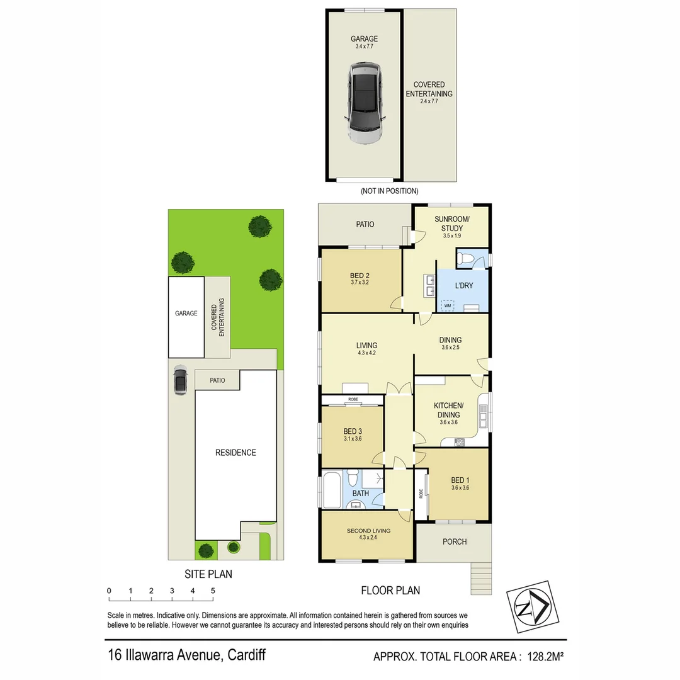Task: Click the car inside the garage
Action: tap(365, 104)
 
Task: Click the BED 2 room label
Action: tap(360, 279)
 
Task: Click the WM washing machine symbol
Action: tap(448, 305)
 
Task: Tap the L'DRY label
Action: tap(464, 286)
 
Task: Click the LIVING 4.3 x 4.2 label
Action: tap(366, 349)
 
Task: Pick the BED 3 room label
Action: tap(353, 434)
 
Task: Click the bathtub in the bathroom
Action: tap(331, 491)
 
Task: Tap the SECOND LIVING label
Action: tap(368, 534)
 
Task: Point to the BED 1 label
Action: tap(460, 484)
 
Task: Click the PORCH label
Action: tap(455, 541)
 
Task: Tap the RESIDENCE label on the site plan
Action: tap(235, 452)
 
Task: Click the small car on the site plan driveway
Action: tap(180, 380)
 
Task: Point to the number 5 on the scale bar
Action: tap(213, 591)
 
